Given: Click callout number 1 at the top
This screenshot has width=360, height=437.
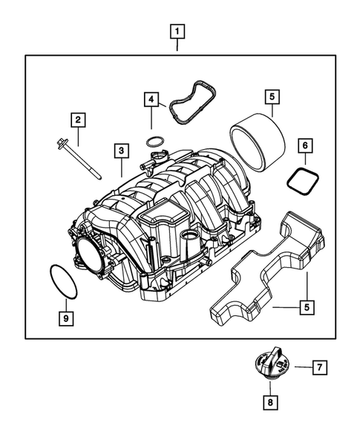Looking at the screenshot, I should (177, 32).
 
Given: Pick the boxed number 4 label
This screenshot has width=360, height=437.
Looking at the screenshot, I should (151, 99).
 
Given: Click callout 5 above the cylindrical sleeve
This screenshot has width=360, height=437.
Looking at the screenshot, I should (271, 96).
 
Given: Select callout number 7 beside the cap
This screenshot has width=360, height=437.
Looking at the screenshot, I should (317, 367).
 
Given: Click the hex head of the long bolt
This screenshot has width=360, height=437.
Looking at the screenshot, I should (60, 141).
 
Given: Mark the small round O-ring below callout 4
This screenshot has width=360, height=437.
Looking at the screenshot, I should (154, 142).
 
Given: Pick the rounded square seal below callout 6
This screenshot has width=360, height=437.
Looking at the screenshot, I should (300, 180).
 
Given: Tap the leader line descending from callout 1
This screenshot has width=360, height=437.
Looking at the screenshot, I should (177, 47).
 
